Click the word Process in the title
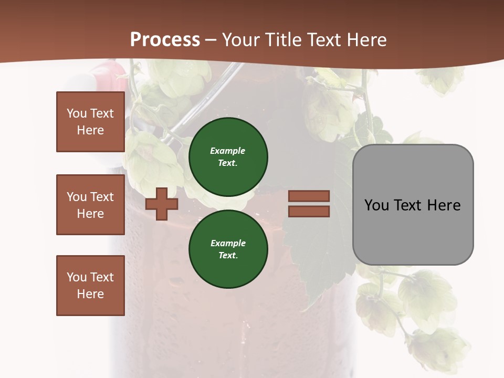165,40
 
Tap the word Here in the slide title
365,40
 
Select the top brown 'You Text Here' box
90,122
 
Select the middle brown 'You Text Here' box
90,205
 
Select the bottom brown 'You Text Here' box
90,286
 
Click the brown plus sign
161,204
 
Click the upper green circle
228,156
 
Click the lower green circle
228,249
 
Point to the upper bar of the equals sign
309,196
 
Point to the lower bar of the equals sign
309,212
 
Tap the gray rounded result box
413,231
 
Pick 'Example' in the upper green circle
227,151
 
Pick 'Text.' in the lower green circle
228,255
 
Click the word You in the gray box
376,205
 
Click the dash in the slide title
211,40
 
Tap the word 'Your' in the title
240,40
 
